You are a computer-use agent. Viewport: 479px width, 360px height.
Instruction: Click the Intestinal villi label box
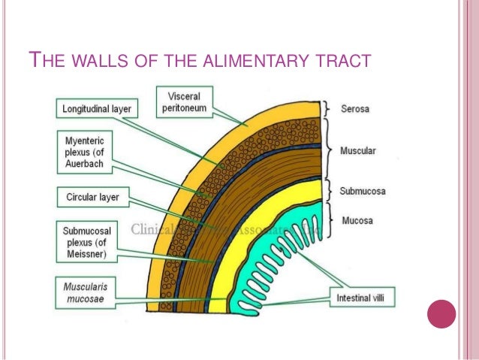[363, 298]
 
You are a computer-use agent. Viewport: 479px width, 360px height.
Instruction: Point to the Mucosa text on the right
[356, 221]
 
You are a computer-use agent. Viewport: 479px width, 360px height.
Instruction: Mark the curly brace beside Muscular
[327, 151]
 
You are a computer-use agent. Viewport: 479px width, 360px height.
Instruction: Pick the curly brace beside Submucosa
[327, 191]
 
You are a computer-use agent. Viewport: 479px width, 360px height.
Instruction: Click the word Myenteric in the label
[82, 141]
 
